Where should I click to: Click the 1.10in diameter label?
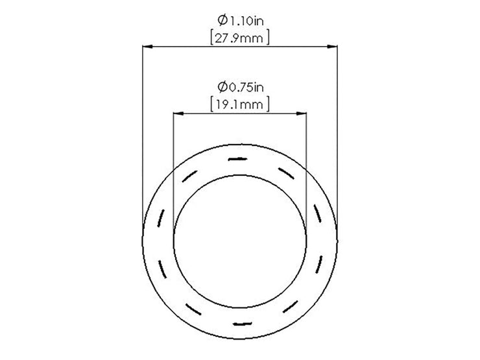click(240, 21)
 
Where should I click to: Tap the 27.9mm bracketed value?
click(240, 38)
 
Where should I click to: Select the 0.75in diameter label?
click(240, 88)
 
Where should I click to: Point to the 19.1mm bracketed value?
click(240, 104)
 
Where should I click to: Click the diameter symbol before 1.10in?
click(222, 21)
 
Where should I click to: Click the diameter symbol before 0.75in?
click(222, 88)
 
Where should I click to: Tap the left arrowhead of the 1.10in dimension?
click(147, 47)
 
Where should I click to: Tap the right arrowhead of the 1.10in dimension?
click(332, 47)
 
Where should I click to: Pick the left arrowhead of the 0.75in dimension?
click(178, 114)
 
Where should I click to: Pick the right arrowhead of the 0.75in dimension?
click(301, 114)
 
